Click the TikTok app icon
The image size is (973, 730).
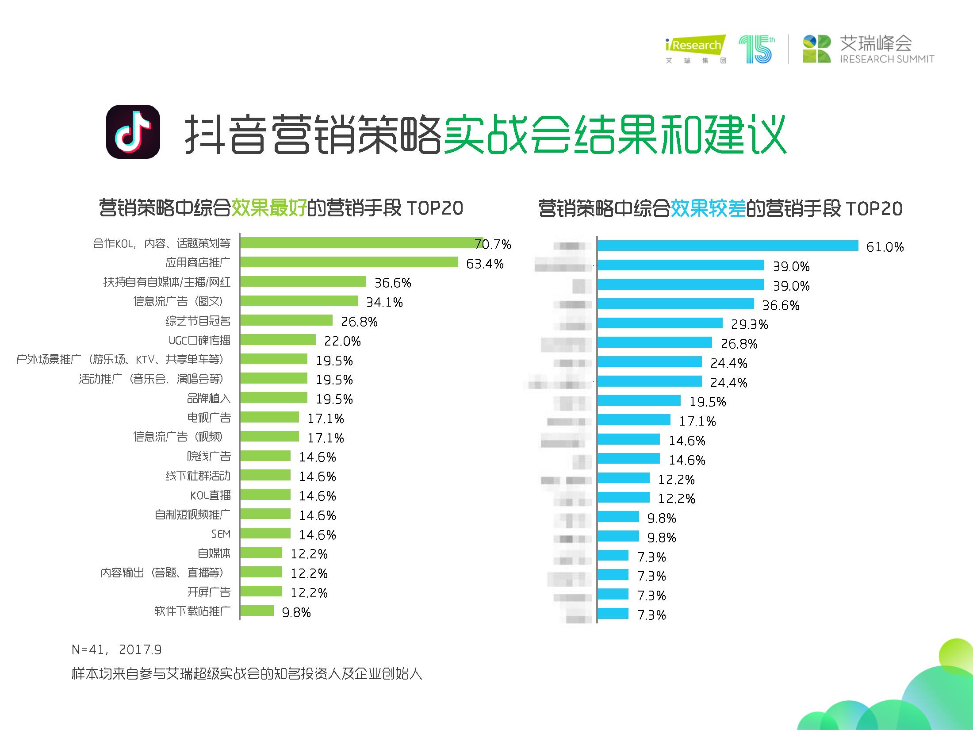coord(133,131)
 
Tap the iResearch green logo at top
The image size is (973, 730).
coord(695,46)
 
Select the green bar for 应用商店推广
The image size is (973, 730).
coord(349,262)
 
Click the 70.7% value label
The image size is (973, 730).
coord(493,244)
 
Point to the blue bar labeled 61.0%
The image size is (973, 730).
coord(728,246)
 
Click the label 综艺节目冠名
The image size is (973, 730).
coord(198,321)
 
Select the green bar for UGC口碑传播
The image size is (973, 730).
coord(278,340)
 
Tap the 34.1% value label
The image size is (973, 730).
coord(384,302)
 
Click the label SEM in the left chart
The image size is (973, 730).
coord(221,534)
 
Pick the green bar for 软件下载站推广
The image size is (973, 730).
coord(257,611)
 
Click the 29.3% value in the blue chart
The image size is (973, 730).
coord(749,324)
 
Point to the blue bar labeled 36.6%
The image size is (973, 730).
coord(675,304)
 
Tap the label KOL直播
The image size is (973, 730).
coord(211,495)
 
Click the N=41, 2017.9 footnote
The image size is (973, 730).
coord(117,649)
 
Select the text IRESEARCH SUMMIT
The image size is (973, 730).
coord(887,59)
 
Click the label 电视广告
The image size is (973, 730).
coord(209,418)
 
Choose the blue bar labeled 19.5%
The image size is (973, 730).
coord(639,401)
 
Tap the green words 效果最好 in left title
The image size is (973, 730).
coord(269,208)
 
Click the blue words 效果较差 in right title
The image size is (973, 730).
coord(708,208)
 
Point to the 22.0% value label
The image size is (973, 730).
coord(342,341)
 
